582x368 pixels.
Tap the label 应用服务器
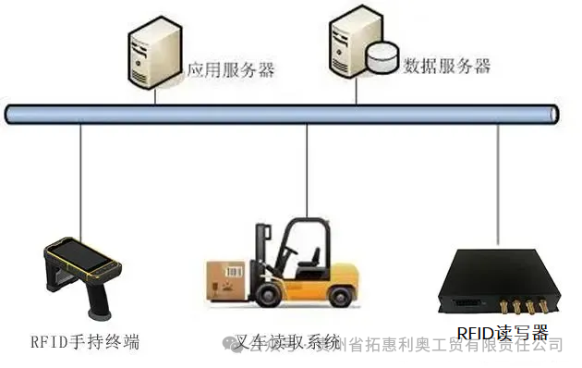231,69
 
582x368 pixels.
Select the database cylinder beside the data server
380,57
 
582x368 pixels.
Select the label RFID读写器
503,332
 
